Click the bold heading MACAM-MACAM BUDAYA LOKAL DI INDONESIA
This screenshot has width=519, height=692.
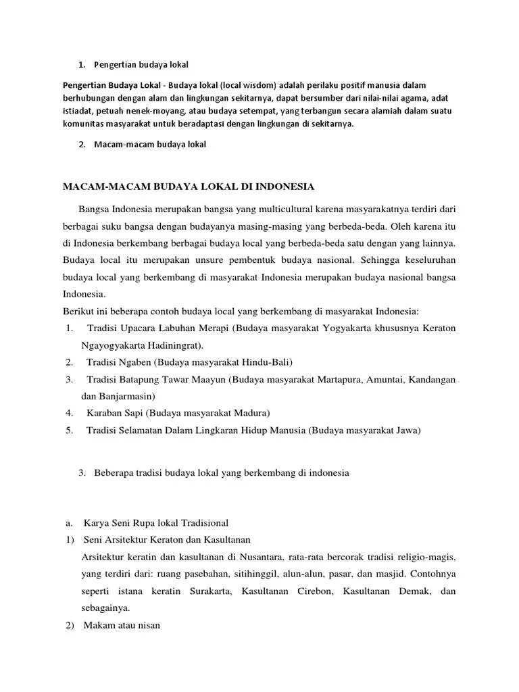click(x=189, y=185)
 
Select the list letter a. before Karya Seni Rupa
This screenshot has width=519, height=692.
click(x=69, y=523)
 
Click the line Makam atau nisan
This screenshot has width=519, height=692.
click(x=122, y=625)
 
